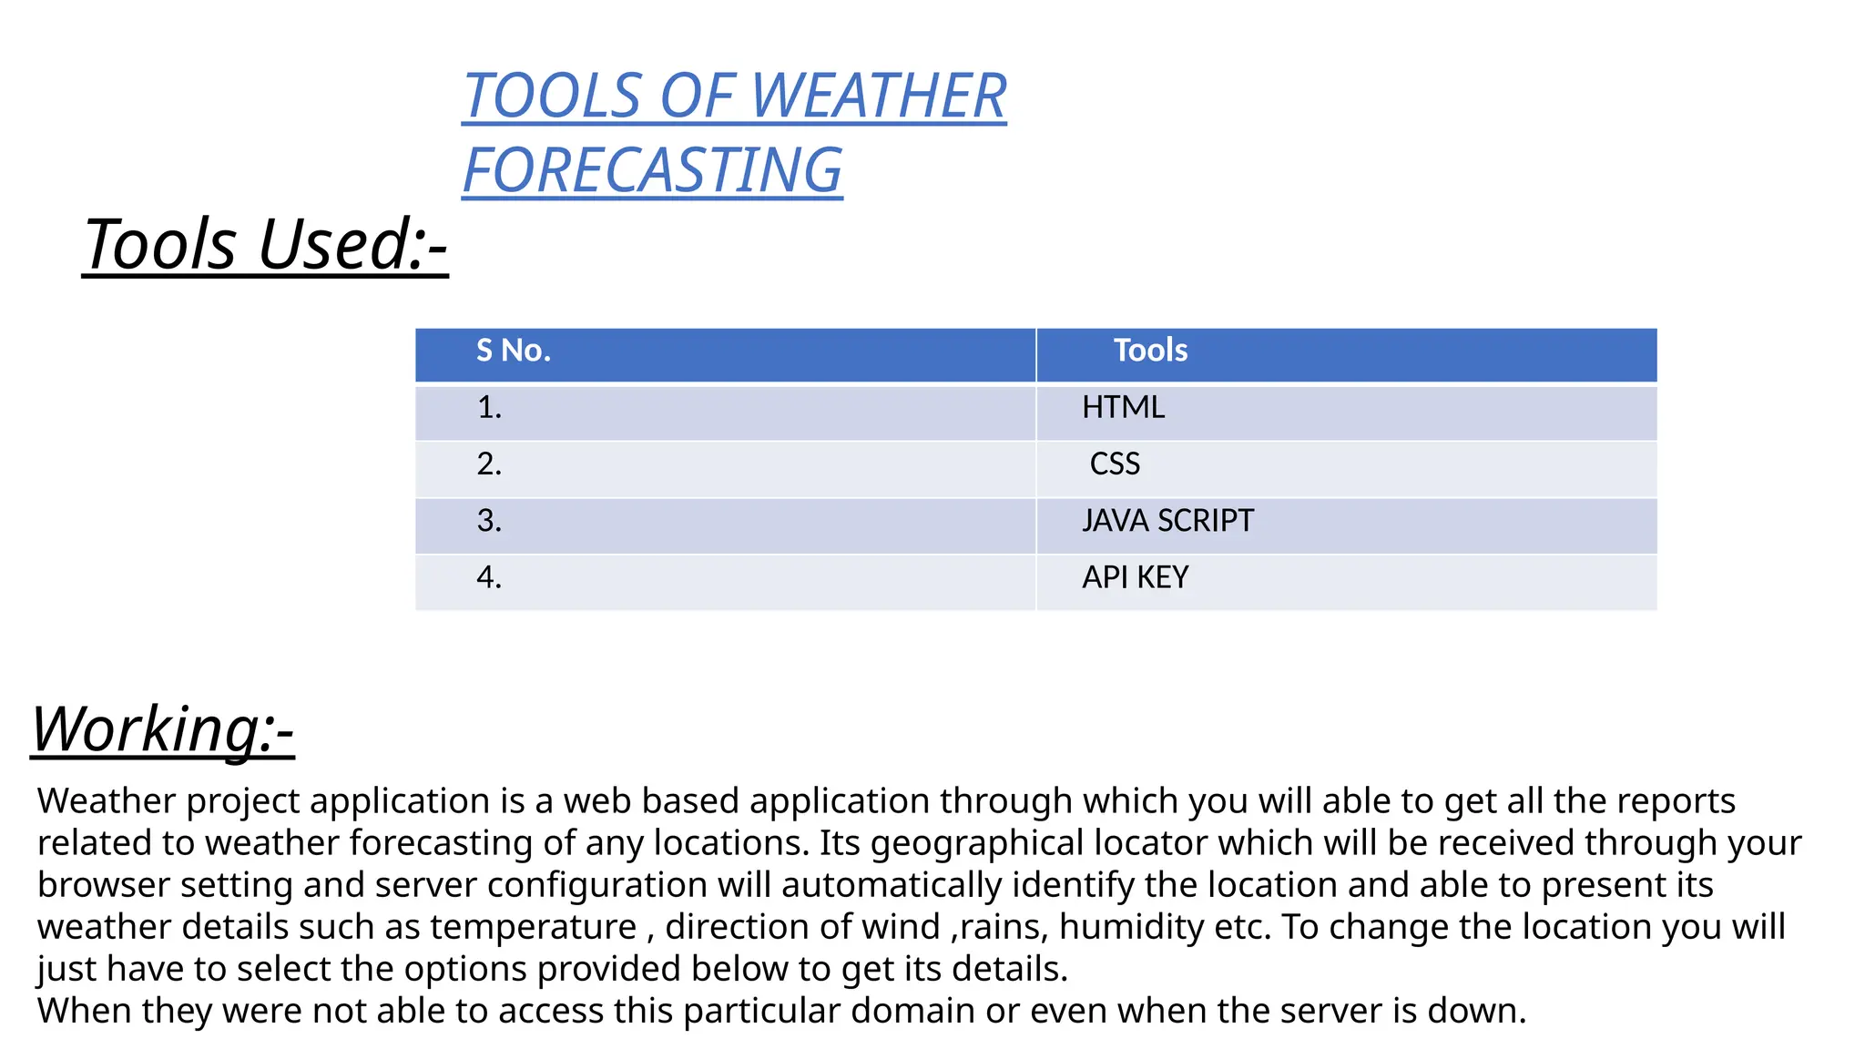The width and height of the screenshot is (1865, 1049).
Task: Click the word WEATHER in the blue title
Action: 878,96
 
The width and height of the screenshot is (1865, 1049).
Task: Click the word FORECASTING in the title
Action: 652,170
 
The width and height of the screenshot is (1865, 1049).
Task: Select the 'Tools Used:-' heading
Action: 265,244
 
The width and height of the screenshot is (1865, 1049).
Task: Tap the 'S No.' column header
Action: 514,351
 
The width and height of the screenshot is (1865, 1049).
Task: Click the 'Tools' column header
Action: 1150,351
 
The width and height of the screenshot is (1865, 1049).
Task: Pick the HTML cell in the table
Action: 1123,407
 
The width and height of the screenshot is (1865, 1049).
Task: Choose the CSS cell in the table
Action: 1115,464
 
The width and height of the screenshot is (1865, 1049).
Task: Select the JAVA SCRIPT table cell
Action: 1167,521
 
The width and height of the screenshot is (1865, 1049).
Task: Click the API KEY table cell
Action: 1135,577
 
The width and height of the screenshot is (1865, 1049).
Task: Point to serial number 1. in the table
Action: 489,407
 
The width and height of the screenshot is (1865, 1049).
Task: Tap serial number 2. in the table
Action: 489,464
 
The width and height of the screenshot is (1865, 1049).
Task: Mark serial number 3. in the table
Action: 489,521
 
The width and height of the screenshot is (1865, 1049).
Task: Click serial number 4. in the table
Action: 489,577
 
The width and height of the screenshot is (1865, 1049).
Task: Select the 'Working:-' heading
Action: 162,729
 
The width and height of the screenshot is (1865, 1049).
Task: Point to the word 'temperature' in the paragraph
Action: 533,928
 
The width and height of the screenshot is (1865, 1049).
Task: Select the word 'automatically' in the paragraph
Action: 891,886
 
